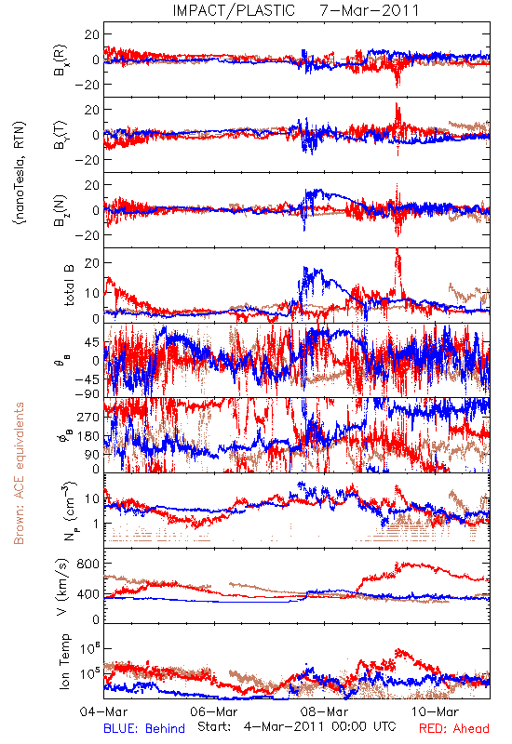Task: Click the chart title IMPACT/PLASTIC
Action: pos(234,10)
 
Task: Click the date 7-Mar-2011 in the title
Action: pos(369,10)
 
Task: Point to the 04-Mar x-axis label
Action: pos(103,711)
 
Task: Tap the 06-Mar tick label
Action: pos(214,711)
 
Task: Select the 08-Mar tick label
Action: pos(324,711)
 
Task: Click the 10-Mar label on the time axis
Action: pos(435,711)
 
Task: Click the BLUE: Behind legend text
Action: pos(144,728)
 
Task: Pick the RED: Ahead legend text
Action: pos(453,728)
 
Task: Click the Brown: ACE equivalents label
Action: pos(19,473)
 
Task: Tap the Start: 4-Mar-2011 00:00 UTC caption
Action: pos(296,726)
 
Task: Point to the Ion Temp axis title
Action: pos(64,661)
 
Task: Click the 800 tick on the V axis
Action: pos(88,564)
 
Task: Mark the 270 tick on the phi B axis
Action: pos(88,417)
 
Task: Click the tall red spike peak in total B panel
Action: pos(397,249)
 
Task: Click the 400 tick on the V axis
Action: pos(88,593)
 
